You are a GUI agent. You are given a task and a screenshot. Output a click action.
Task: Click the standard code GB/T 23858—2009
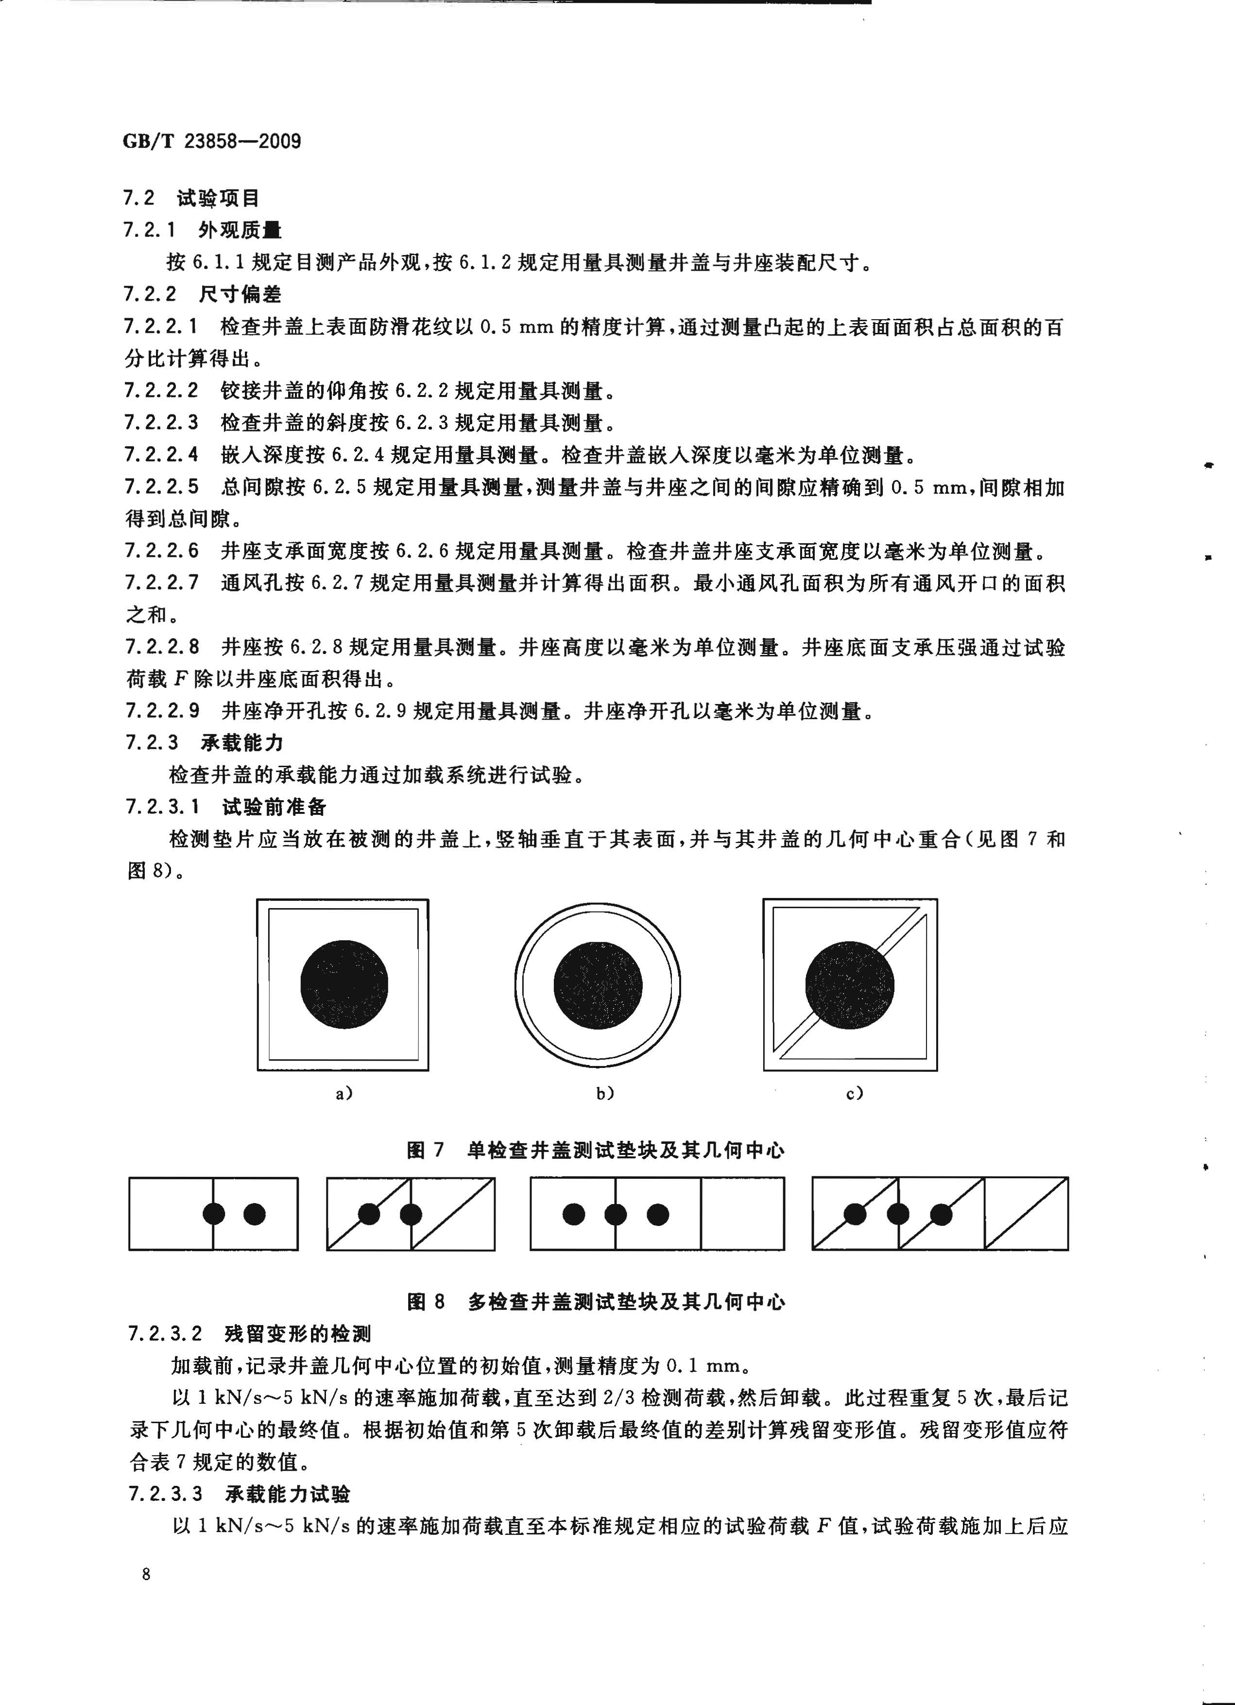click(x=212, y=140)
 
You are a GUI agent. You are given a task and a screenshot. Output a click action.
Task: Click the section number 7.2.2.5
click(x=162, y=488)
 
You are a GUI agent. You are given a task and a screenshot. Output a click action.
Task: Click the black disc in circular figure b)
click(x=599, y=985)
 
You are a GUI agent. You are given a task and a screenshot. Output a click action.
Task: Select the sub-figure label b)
click(x=605, y=1094)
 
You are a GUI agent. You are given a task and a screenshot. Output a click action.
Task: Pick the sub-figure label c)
click(x=855, y=1094)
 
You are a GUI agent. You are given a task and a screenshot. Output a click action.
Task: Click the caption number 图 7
click(x=426, y=1150)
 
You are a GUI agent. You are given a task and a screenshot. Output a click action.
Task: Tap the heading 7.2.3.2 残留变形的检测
click(x=250, y=1334)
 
